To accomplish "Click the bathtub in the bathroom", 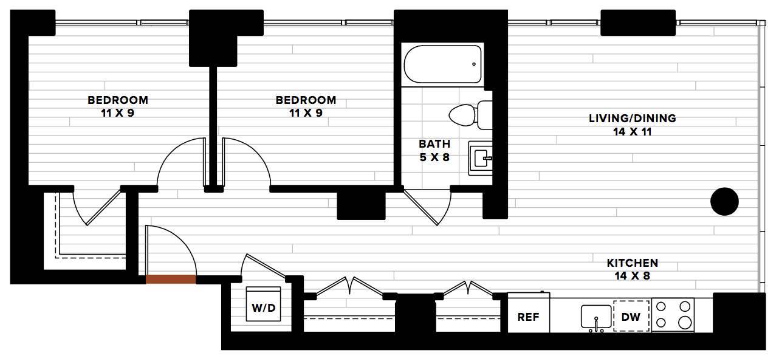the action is click(x=442, y=64).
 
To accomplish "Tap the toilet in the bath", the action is click(x=471, y=115).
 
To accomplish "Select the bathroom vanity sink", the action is click(x=481, y=158).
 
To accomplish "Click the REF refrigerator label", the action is click(x=528, y=317).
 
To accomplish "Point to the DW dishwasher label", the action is click(x=631, y=317).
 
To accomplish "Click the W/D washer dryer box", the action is click(x=263, y=304).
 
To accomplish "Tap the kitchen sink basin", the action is click(x=596, y=317).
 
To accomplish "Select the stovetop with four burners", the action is click(x=673, y=315).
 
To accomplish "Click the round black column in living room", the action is click(x=724, y=202).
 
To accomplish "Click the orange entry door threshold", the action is click(x=171, y=280).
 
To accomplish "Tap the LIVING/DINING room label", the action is click(x=632, y=119).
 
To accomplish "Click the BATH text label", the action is click(x=434, y=144).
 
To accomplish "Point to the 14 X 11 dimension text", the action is click(x=632, y=132).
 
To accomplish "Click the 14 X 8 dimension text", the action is click(x=632, y=276).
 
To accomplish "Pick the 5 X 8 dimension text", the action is click(x=434, y=157).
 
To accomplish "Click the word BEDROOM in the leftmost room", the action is click(x=118, y=100).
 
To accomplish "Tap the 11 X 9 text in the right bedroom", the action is click(x=306, y=113).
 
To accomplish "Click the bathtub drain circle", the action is click(x=474, y=64).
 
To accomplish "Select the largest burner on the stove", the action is click(x=685, y=323).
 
